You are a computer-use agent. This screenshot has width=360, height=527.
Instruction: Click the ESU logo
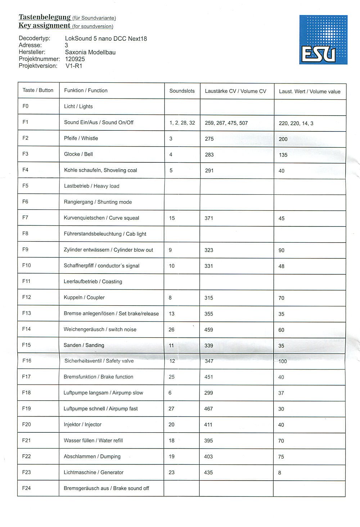(x=323, y=40)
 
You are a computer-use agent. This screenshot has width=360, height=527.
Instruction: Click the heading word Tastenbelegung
(x=44, y=17)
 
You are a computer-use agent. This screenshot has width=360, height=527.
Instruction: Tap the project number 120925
(x=75, y=59)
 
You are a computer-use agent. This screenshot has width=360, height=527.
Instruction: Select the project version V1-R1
(x=74, y=66)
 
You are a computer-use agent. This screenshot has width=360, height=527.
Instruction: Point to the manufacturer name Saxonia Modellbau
(x=90, y=52)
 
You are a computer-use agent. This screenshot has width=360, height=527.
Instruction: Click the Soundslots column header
(x=182, y=91)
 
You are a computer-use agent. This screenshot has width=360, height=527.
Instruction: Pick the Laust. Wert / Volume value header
(x=309, y=91)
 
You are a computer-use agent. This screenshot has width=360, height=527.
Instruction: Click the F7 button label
(x=25, y=217)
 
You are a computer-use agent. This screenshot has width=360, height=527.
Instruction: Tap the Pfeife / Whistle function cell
(x=81, y=138)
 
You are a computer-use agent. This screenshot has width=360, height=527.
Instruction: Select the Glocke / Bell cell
(x=78, y=154)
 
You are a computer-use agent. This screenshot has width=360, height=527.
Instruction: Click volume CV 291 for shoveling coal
(x=209, y=171)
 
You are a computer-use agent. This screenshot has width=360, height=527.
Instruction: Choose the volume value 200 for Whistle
(x=283, y=139)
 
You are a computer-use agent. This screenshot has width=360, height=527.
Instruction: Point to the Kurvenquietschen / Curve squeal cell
(x=101, y=218)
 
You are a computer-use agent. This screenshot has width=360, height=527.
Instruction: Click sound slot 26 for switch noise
(x=171, y=329)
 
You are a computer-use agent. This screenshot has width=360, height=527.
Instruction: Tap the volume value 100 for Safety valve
(x=283, y=361)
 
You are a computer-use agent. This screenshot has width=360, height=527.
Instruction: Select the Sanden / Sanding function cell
(x=84, y=345)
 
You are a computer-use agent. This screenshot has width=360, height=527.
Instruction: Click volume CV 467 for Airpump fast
(x=208, y=409)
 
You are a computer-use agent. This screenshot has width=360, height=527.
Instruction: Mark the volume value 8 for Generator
(x=280, y=473)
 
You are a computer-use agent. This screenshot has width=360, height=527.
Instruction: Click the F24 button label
(x=26, y=488)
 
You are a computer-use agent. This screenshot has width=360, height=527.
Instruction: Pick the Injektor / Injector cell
(x=82, y=424)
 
